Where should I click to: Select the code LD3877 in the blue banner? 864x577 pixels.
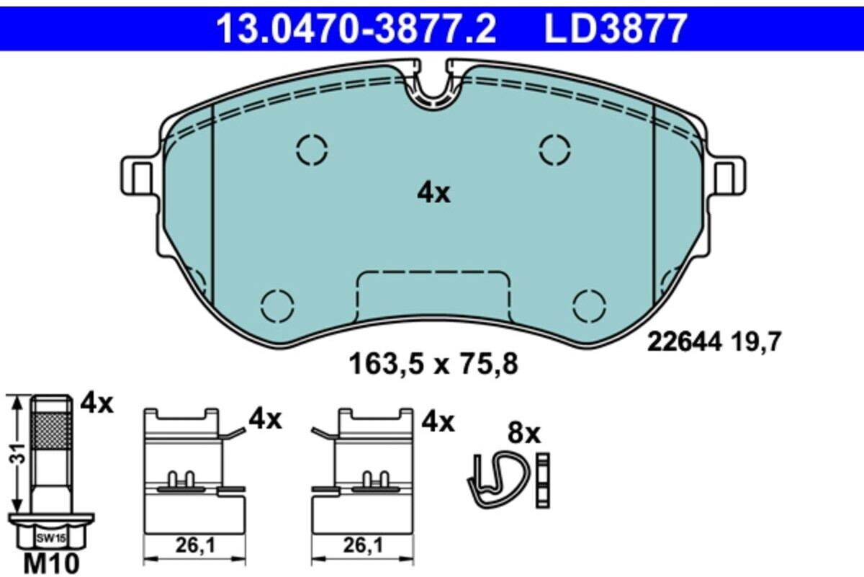click(615, 28)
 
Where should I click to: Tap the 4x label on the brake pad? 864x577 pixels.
click(433, 193)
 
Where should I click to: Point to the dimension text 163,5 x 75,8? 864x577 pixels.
click(433, 364)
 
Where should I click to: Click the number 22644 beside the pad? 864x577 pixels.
click(684, 342)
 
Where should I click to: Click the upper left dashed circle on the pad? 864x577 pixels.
click(312, 151)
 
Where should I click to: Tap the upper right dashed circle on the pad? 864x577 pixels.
click(554, 151)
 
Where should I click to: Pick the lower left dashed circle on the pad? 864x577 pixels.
click(277, 306)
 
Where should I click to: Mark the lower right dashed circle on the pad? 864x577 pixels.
click(589, 306)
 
